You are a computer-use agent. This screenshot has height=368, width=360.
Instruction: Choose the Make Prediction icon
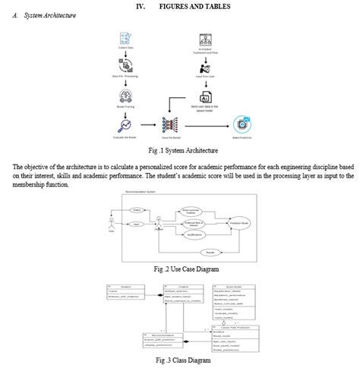point(243,124)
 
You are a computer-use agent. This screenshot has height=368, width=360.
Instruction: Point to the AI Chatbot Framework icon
point(204,37)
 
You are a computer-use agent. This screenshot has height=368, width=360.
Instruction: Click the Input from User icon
point(204,66)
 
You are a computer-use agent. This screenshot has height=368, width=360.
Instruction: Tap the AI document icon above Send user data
point(204,96)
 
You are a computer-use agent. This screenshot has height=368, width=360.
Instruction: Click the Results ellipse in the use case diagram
point(210,253)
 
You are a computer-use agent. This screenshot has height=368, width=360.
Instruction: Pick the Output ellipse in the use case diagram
point(137,209)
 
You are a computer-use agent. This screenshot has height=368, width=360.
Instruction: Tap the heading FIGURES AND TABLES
point(194,6)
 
